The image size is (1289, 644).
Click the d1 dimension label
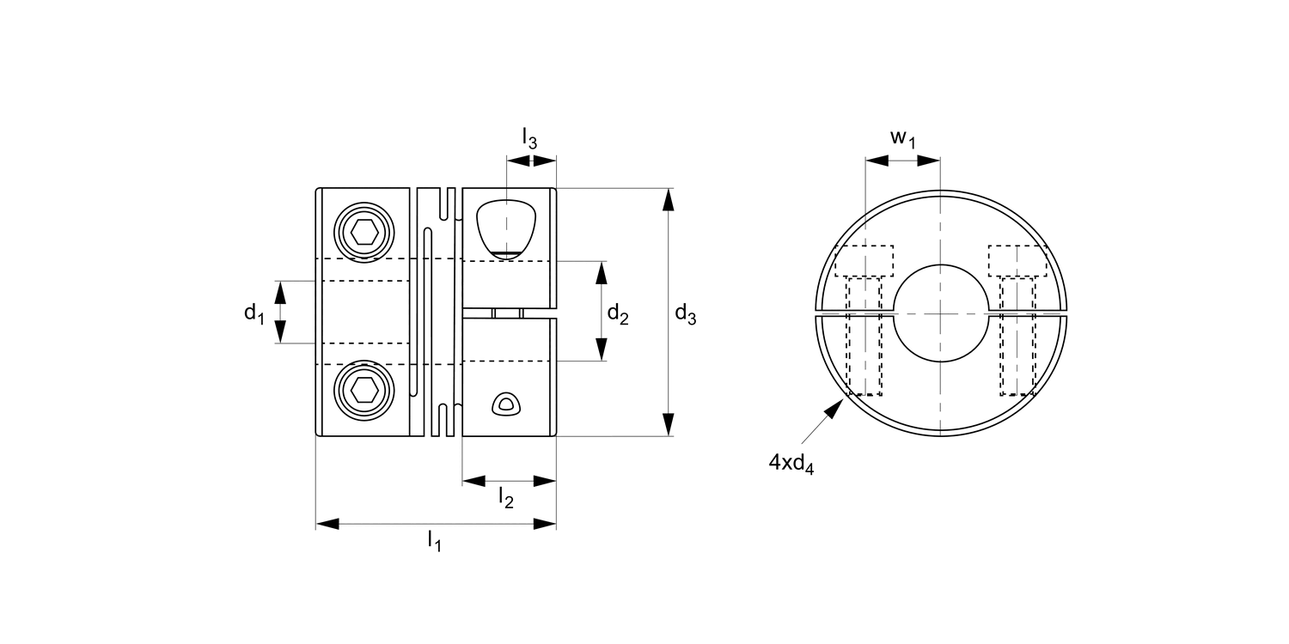click(254, 313)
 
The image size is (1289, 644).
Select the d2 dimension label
click(618, 314)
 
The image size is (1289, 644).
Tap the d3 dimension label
click(685, 315)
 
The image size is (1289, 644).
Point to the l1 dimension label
click(434, 541)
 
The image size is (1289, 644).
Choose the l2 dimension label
click(506, 497)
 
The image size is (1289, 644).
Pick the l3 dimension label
click(529, 137)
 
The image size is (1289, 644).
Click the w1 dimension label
click(901, 138)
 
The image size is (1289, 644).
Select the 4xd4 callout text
click(791, 463)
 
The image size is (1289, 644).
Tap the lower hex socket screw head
click(365, 391)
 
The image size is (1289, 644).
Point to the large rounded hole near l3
click(506, 228)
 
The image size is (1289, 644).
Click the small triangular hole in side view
click(506, 404)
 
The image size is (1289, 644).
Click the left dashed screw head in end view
click(864, 260)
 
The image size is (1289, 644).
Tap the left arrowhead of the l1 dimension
click(327, 524)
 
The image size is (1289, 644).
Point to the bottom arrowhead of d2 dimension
click(602, 349)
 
